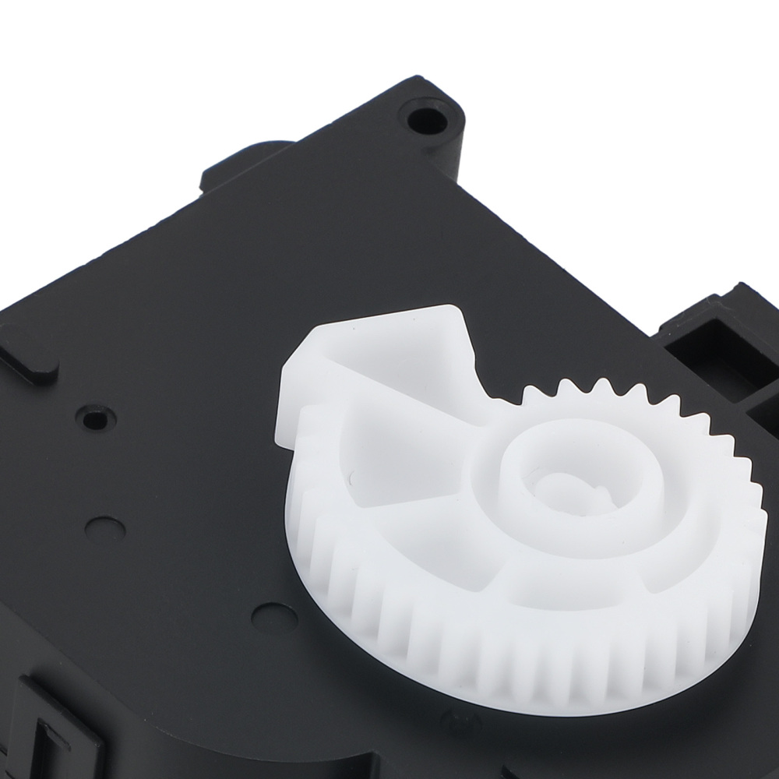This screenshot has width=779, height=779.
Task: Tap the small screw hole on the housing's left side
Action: click(x=95, y=419)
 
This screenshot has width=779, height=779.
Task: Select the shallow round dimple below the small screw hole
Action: click(x=105, y=530)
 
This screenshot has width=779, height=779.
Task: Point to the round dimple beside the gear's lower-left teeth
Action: click(x=274, y=618)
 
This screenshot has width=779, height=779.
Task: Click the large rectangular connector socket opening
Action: click(x=713, y=343)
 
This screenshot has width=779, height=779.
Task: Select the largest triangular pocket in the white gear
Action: click(x=413, y=452)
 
